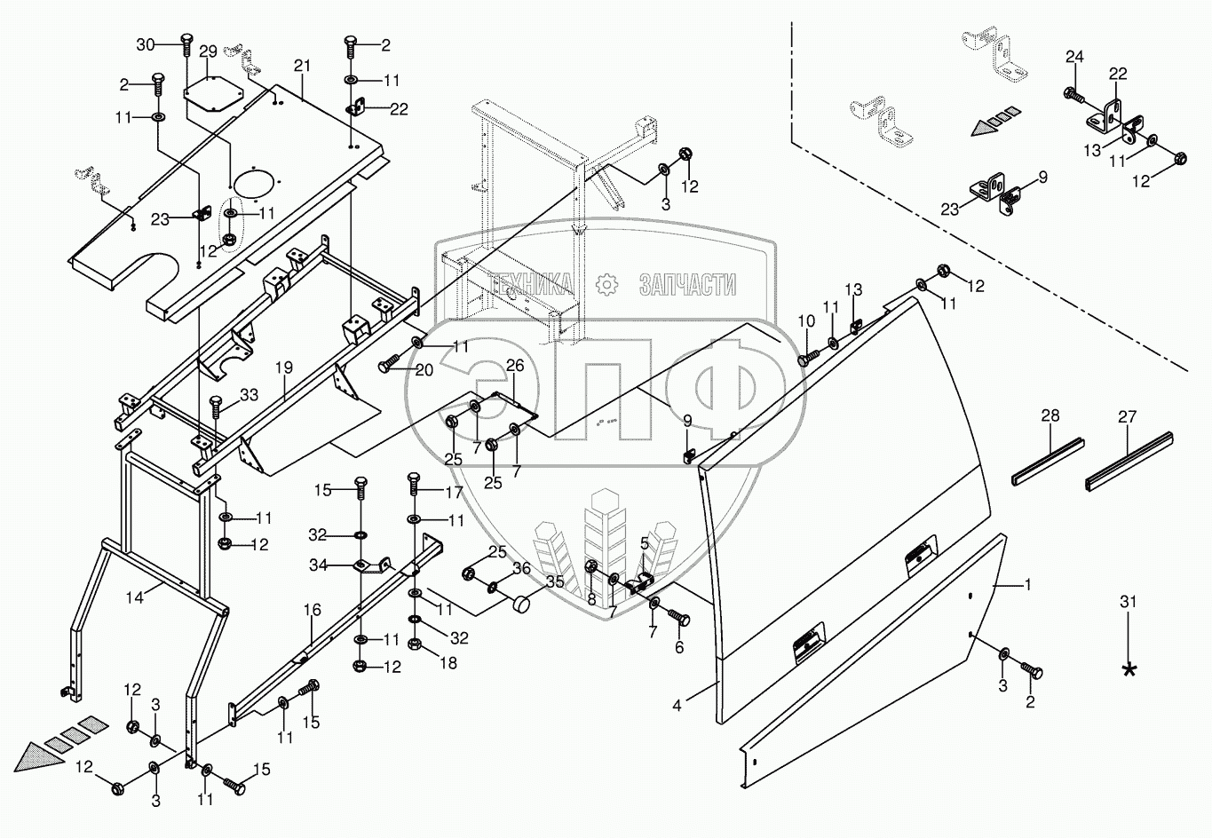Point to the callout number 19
(x=283, y=365)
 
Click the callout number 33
(x=249, y=395)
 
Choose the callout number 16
(x=312, y=611)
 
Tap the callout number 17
(x=455, y=491)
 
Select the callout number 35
(x=555, y=582)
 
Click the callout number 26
(x=516, y=365)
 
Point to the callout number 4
(x=677, y=707)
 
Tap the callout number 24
(x=1074, y=57)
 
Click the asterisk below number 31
(x=1129, y=669)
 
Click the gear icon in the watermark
(x=606, y=284)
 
